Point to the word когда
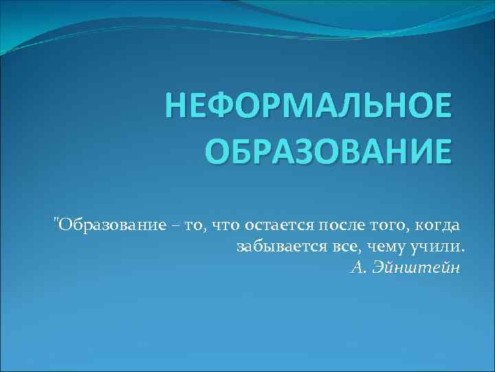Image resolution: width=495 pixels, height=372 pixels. coord(435,225)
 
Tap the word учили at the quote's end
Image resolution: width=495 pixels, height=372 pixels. coord(442,247)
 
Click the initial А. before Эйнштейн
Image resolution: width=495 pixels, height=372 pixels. coord(357,267)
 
